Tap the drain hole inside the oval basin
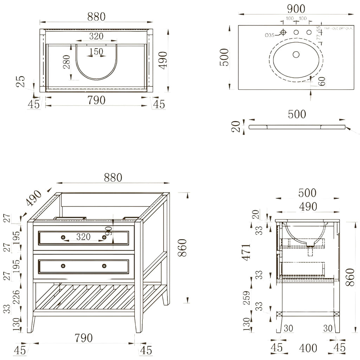pos(296,54)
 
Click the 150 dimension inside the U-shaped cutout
pos(96,52)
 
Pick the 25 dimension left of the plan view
pos(21,82)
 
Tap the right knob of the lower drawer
pos(104,266)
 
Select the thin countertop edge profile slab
pos(297,127)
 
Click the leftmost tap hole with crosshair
pos(283,33)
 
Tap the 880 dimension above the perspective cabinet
pos(112,178)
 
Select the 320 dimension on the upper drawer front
pos(83,237)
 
